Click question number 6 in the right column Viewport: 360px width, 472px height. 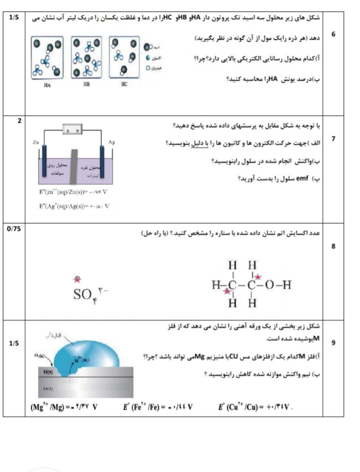pos(333,34)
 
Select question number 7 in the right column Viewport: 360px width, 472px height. pos(333,139)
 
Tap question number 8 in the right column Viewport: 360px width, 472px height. pos(333,246)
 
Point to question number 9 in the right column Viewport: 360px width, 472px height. pos(333,343)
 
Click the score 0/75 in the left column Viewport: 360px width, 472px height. pos(14,229)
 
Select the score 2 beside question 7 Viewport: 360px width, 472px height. pos(20,121)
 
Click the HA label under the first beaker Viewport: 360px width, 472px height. pos(47,85)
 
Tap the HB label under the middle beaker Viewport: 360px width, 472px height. pos(86,85)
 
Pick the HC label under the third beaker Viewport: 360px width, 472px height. pos(124,85)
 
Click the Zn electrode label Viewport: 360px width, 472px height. pos(36,142)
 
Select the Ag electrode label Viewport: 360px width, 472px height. pos(111,142)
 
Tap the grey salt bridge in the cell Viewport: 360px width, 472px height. pos(74,166)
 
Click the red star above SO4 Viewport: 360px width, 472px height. pos(78,279)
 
